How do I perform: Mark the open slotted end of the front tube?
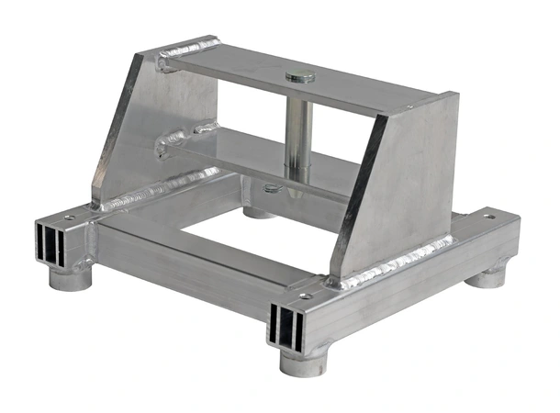286,327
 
